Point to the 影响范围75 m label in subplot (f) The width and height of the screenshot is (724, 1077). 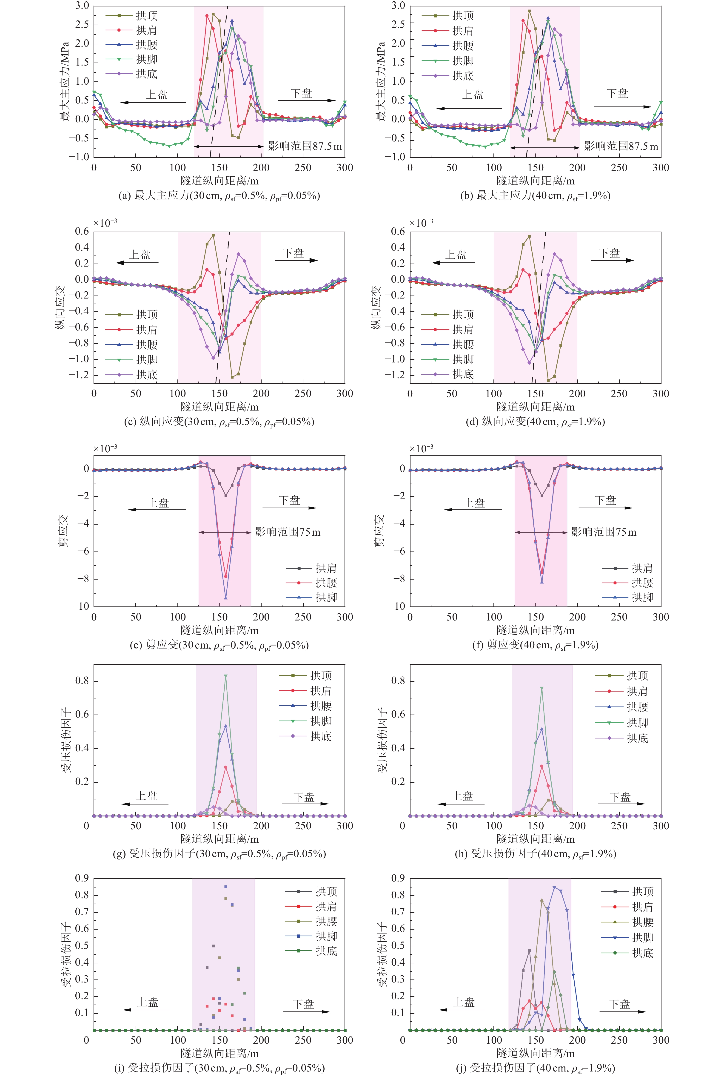coord(604,532)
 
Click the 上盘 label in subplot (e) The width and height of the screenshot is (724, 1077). coord(158,503)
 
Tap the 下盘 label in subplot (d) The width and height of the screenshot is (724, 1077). coord(610,253)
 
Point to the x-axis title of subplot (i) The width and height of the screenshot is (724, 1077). coord(219,1053)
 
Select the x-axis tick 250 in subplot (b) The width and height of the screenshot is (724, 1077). coord(619,168)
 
